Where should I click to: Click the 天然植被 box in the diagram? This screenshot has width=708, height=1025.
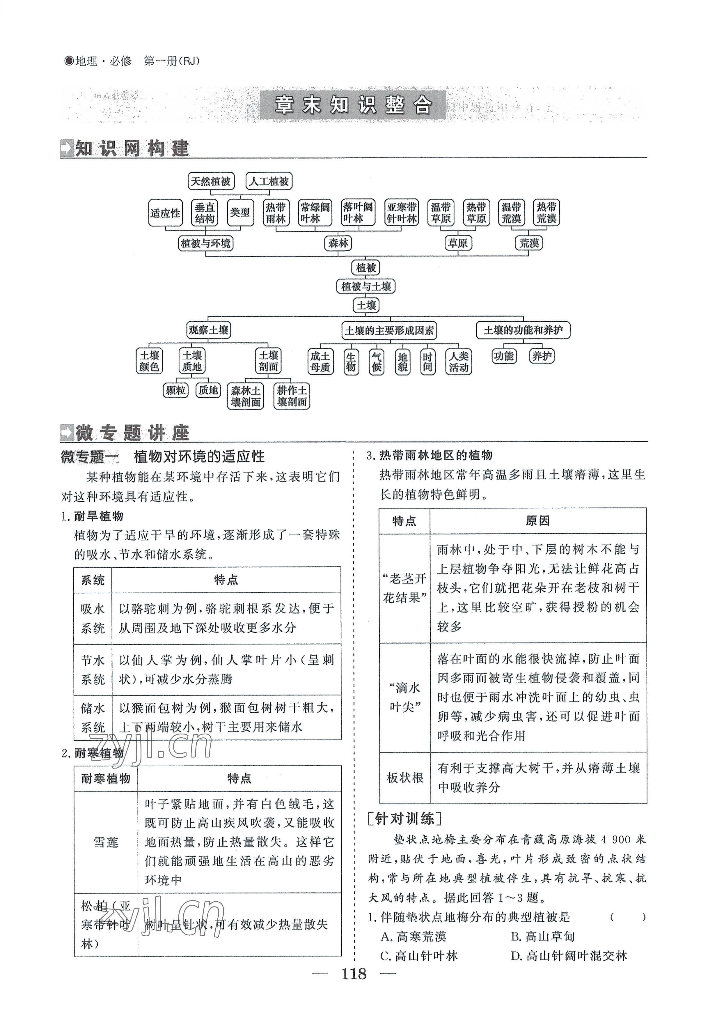point(211,181)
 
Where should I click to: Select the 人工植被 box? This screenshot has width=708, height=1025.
point(269,181)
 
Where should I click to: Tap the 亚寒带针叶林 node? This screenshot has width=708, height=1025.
point(402,213)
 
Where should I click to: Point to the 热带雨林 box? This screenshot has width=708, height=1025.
point(276,213)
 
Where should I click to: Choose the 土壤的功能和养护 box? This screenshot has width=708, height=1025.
point(523,330)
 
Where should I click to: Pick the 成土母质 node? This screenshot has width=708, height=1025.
point(320,361)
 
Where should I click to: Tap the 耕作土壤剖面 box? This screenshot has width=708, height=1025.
point(292,396)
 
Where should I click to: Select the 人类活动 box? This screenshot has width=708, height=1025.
point(459,361)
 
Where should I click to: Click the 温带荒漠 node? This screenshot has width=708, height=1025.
point(512,213)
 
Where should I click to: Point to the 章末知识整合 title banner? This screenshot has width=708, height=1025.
point(353,106)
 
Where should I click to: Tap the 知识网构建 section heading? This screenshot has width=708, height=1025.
point(125,149)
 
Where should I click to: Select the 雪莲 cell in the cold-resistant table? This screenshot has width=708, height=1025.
point(106,842)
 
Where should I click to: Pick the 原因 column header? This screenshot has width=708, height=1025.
point(538,521)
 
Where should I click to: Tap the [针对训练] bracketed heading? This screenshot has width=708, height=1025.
point(404,819)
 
